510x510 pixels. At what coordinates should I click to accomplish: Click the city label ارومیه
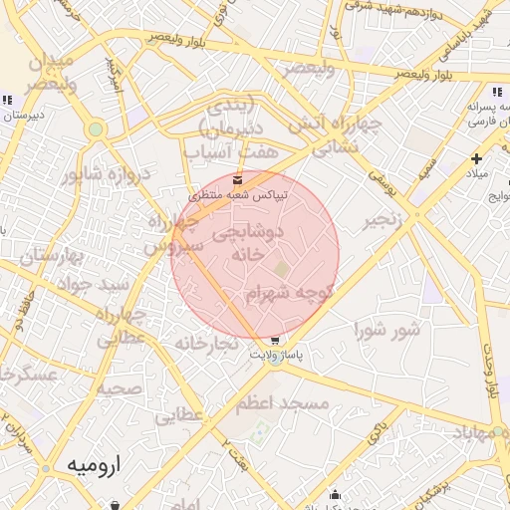pos(92,465)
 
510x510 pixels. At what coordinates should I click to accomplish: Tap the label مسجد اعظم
pos(283,404)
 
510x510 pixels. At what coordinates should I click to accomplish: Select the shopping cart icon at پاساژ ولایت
pos(275,340)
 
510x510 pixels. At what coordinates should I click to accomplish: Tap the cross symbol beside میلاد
pos(477,158)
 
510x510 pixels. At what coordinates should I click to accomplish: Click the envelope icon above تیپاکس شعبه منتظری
pos(237,179)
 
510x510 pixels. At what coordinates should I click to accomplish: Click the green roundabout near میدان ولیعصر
pos(96,129)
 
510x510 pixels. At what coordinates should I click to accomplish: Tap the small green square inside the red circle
pos(282,269)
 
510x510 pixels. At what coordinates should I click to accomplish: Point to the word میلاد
pos(478,174)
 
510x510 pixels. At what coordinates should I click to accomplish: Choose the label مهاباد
pos(481,433)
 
